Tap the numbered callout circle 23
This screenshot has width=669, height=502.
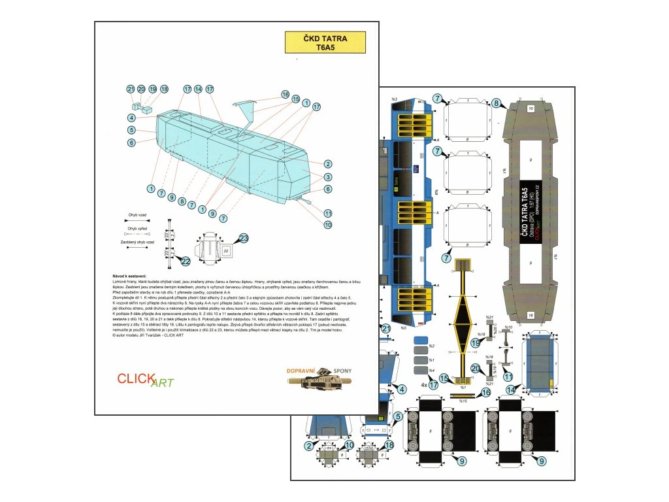point(244,239)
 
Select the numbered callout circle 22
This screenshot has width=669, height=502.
point(186,261)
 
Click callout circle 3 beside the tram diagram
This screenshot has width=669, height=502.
point(328,176)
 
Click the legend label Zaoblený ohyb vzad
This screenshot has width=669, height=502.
point(137,242)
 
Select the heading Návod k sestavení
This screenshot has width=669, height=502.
point(130,277)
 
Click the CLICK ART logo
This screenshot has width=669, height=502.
point(145,379)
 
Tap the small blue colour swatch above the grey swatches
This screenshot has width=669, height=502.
point(420,340)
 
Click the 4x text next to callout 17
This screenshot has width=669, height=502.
point(424,386)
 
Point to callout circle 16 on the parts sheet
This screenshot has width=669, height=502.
point(485,393)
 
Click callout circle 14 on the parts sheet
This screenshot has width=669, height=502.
point(512,390)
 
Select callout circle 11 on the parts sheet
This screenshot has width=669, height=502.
point(508,376)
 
